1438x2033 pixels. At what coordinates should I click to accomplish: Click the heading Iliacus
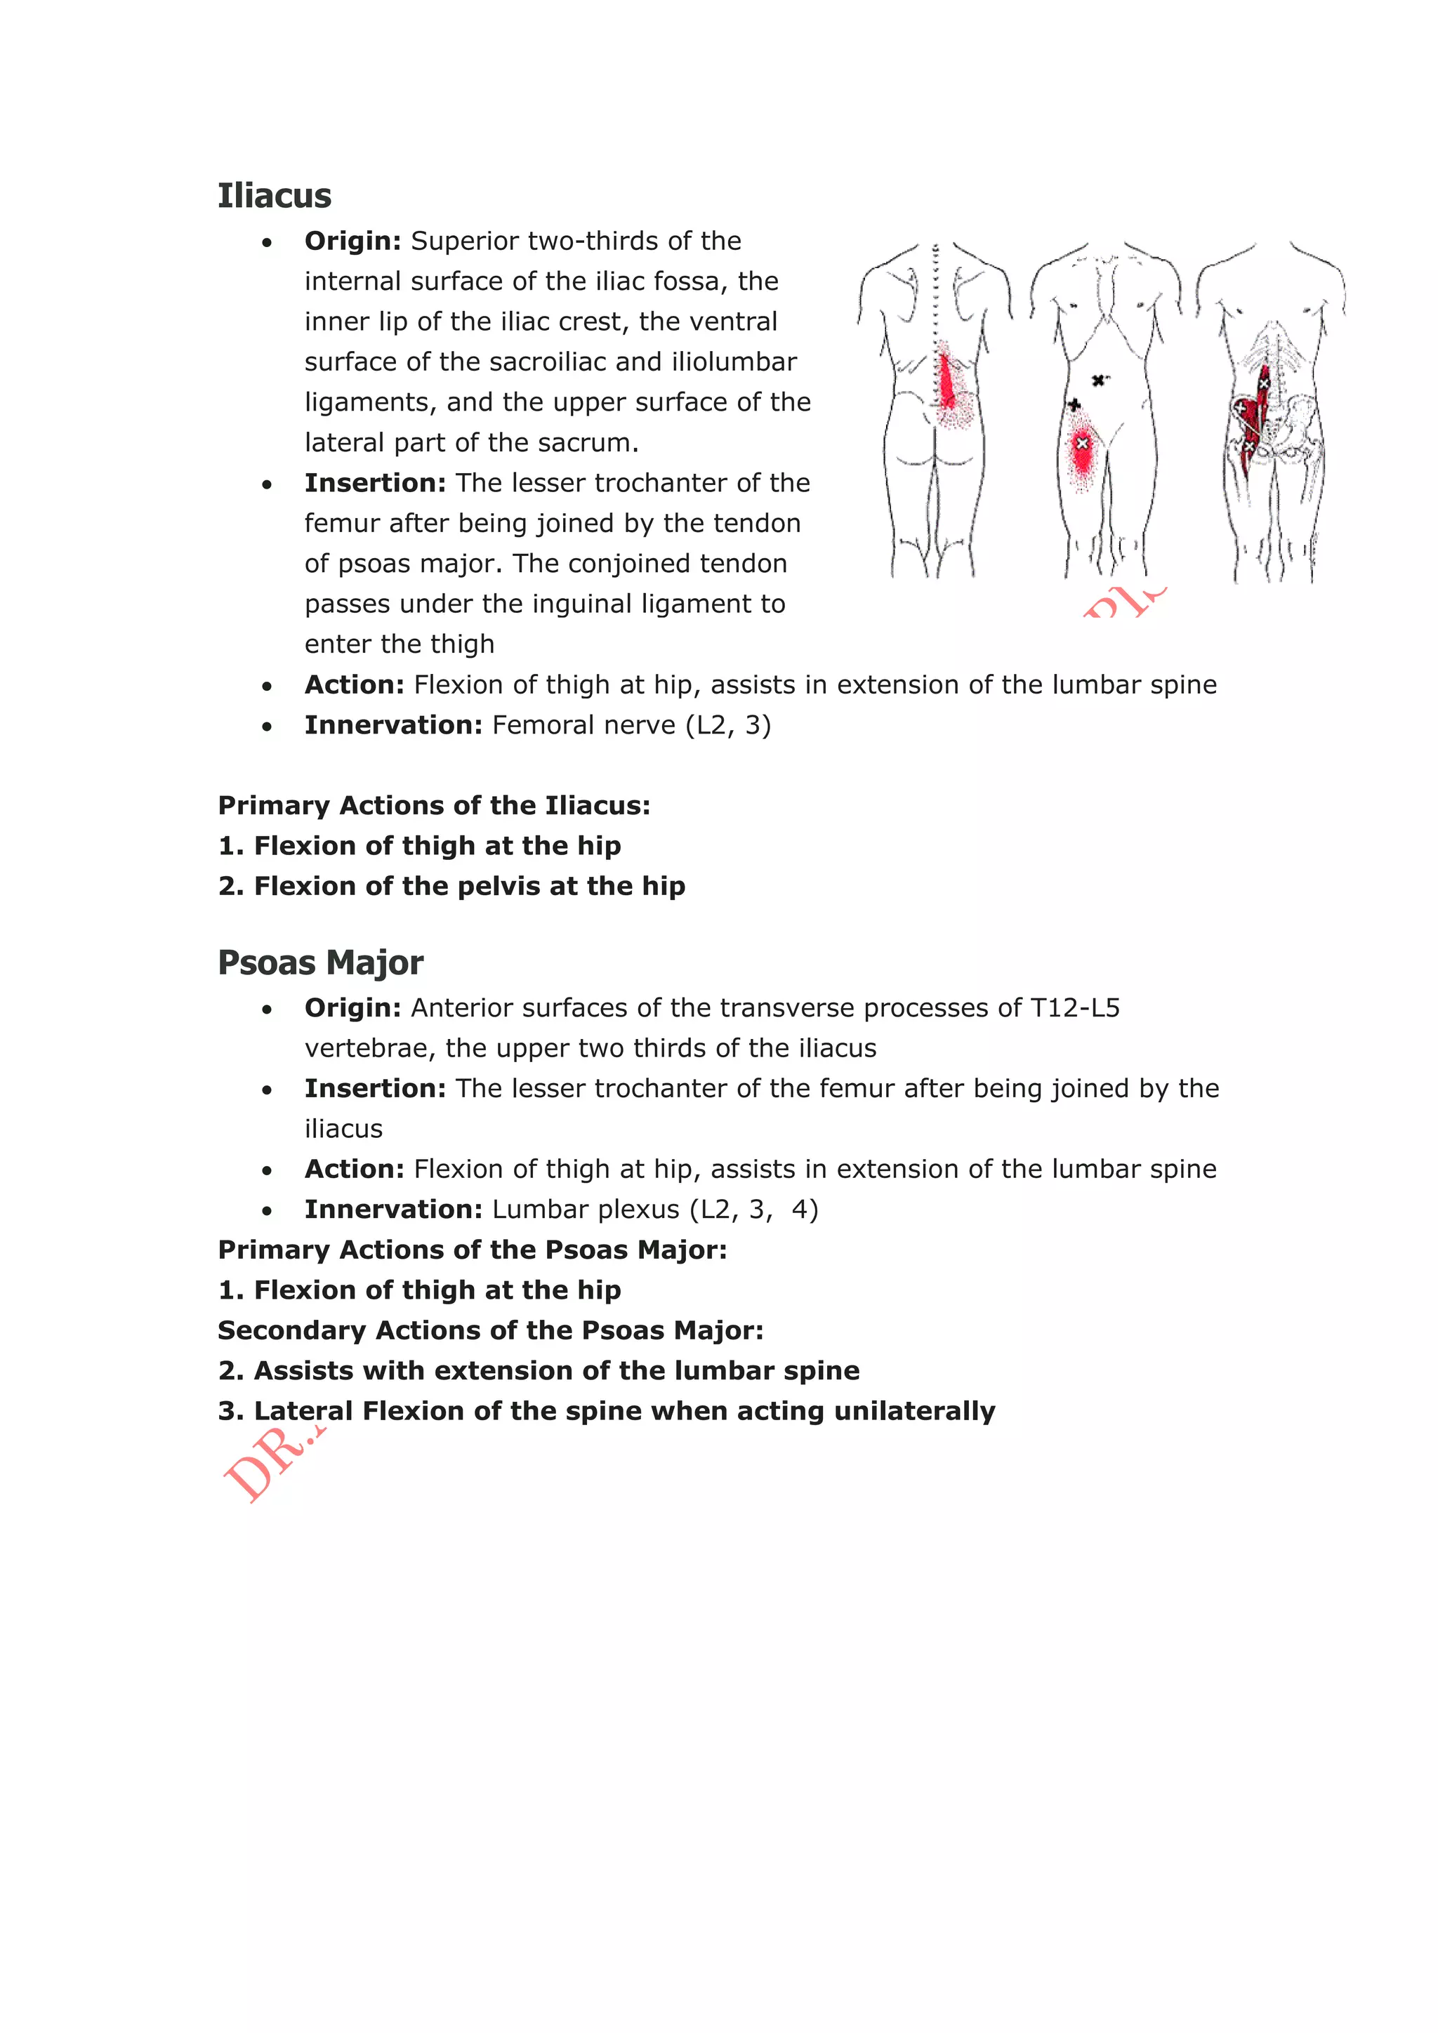point(274,196)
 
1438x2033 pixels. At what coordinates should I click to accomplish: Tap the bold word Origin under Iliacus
point(352,241)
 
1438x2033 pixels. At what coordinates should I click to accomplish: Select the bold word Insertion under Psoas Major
point(374,1088)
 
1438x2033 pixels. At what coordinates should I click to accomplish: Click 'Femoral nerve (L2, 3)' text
point(631,725)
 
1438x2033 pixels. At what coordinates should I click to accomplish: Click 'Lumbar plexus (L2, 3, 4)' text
point(654,1210)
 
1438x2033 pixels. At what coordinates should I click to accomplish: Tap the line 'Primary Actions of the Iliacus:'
point(434,806)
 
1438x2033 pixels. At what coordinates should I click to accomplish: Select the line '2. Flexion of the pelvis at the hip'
point(451,887)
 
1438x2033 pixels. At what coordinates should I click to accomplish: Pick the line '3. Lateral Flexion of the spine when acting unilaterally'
point(607,1410)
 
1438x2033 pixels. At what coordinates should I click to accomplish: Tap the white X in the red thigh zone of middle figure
point(1081,444)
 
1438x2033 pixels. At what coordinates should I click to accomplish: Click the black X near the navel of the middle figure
point(1099,380)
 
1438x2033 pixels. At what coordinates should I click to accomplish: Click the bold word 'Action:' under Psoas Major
point(354,1169)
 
